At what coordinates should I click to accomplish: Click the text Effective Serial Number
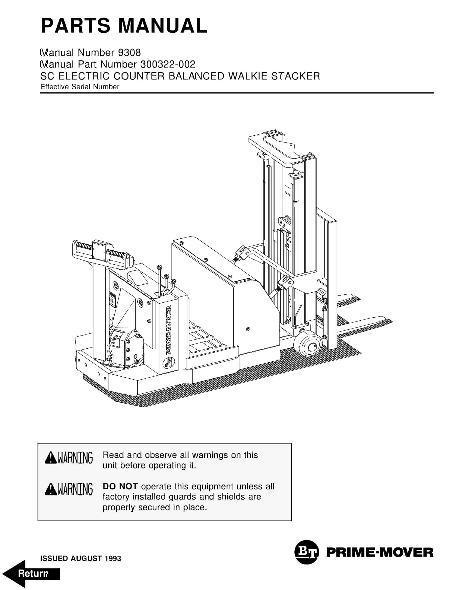pyautogui.click(x=80, y=87)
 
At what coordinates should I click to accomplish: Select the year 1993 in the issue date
pyautogui.click(x=113, y=558)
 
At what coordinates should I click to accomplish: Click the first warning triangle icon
pyautogui.click(x=50, y=458)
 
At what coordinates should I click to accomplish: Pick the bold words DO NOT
pyautogui.click(x=120, y=486)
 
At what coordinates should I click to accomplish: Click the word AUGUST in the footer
pyautogui.click(x=86, y=558)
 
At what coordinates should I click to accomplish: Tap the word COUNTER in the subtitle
pyautogui.click(x=139, y=76)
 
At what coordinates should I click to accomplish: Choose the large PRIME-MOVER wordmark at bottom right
pyautogui.click(x=380, y=552)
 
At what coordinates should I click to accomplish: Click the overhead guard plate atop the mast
pyautogui.click(x=281, y=147)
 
